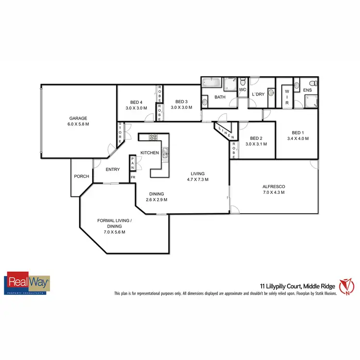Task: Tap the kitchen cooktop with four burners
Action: [154, 137]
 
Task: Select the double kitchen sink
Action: [165, 153]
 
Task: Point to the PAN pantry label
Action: [133, 164]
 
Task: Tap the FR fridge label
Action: [133, 177]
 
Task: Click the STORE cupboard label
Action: [120, 133]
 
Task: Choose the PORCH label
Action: [81, 176]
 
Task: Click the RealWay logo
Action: [27, 283]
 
